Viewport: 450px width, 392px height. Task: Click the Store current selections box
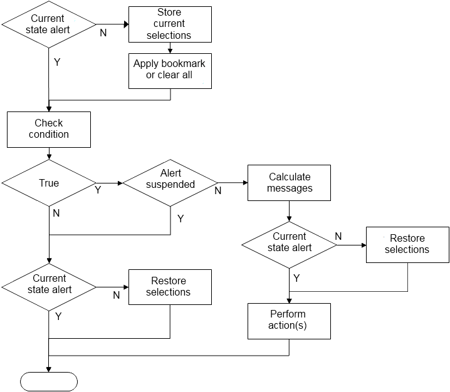pos(169,24)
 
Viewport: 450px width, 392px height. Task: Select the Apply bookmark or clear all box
pos(169,70)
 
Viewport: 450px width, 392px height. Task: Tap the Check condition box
pos(48,128)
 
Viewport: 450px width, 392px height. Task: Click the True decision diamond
pos(48,183)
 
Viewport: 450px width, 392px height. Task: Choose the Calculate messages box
pos(289,182)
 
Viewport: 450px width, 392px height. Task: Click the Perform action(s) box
pos(289,321)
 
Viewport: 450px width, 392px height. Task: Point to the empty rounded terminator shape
pos(49,381)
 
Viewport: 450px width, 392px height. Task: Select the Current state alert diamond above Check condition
pos(48,24)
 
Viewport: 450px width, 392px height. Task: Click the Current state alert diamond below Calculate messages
pos(289,242)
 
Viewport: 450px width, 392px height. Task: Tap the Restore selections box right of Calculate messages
pos(407,244)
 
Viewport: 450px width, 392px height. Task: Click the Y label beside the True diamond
pos(98,190)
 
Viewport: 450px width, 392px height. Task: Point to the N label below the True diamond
pos(56,213)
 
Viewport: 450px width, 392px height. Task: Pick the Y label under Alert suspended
pos(181,219)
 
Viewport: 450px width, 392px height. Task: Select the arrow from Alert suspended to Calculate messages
pos(232,183)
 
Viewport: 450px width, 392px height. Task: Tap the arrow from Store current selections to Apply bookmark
pos(169,48)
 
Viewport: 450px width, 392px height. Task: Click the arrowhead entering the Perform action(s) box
pos(289,300)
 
